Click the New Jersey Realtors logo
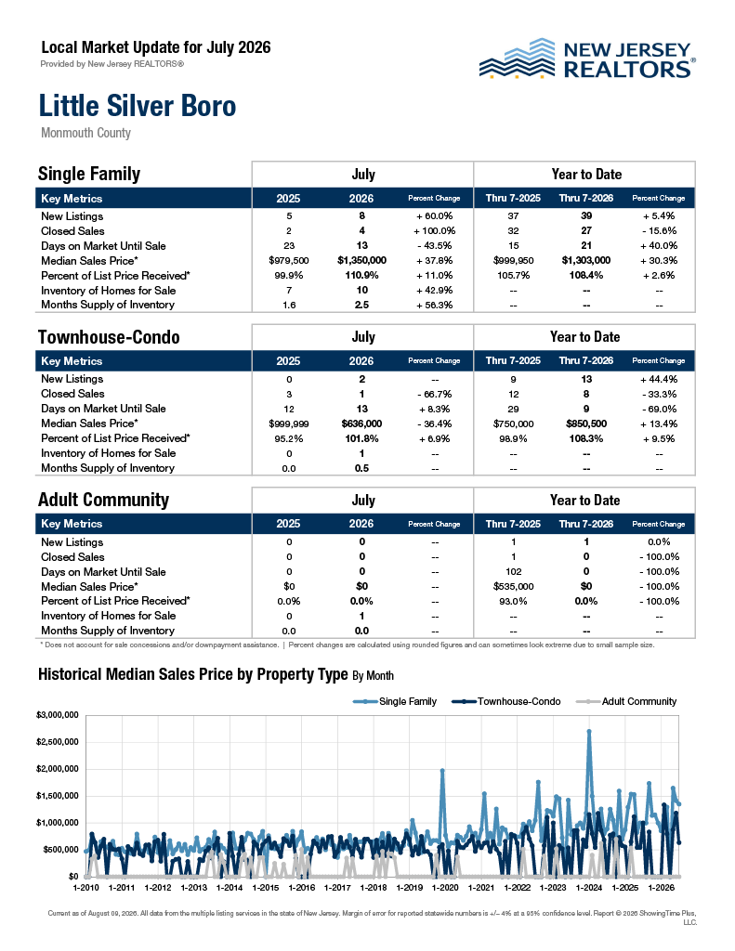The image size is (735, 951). point(587,59)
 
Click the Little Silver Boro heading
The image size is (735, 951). point(138,106)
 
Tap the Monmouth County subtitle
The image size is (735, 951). point(85,133)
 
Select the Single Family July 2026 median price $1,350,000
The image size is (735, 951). point(361,260)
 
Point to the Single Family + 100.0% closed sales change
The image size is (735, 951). point(435,230)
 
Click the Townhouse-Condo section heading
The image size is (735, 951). point(109,337)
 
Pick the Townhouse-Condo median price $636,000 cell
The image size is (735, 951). point(361,423)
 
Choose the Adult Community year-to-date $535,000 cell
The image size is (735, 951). point(514,587)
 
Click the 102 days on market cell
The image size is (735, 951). point(514,571)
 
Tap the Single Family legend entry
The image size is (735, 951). point(395,702)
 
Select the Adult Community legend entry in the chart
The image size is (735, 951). point(625,702)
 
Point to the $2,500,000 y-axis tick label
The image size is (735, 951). point(58,742)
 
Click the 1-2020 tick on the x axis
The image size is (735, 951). point(445,887)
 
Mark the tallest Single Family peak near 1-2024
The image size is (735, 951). point(589,732)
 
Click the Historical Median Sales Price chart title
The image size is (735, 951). point(216,675)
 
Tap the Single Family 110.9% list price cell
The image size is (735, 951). point(361,275)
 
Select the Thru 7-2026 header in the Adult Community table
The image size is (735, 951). point(585,524)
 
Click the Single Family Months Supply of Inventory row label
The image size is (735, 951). point(108,305)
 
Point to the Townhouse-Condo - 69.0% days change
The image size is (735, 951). point(659,409)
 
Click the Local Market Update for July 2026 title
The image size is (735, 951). point(156,47)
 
